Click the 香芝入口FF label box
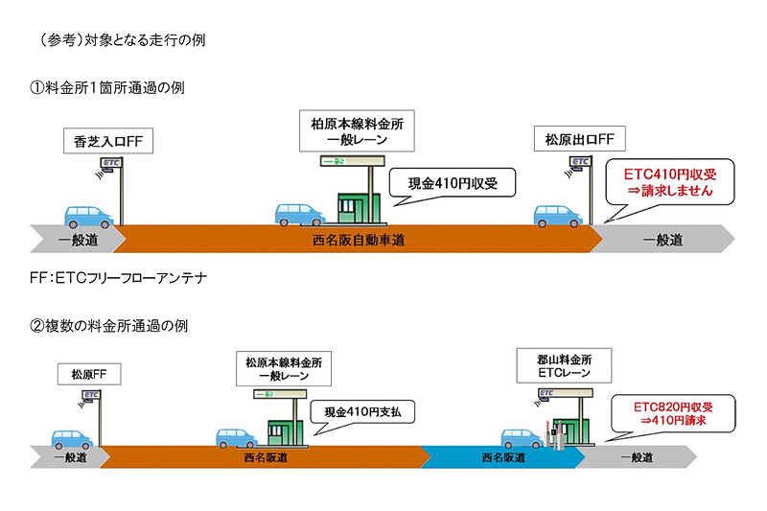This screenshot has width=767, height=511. (108, 141)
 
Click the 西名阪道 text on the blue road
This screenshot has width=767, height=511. (502, 458)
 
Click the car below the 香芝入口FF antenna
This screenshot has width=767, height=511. (88, 215)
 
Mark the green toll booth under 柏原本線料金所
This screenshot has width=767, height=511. (360, 203)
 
